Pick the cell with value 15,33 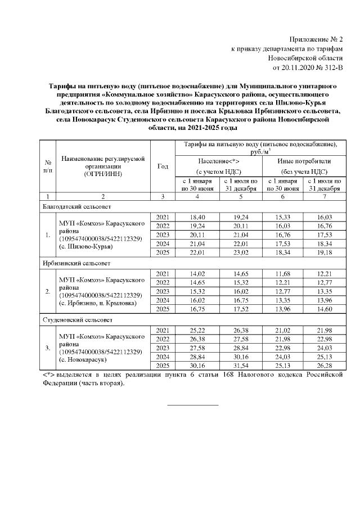(282, 217)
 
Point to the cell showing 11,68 (282, 273)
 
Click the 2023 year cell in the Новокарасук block (163, 348)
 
